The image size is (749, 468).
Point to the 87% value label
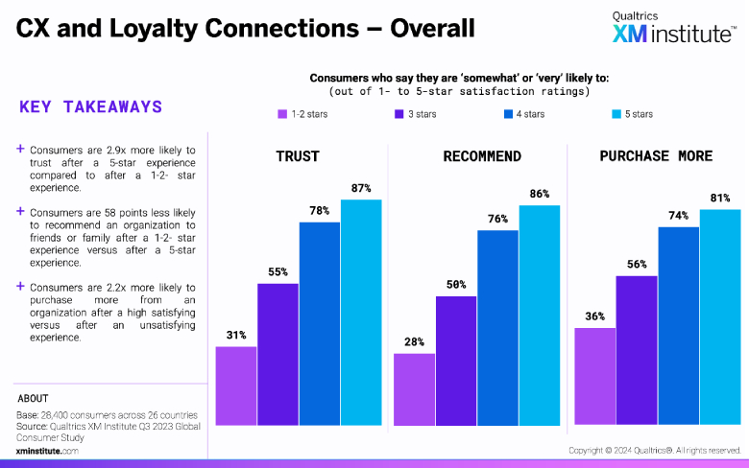[x=361, y=189]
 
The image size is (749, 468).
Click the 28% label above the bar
[x=415, y=342]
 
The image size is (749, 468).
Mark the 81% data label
[x=719, y=199]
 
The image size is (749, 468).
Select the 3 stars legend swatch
[x=399, y=114]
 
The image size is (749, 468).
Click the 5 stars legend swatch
[x=616, y=114]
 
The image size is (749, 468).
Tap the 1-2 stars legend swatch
[x=283, y=114]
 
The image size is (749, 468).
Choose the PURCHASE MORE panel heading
[x=656, y=156]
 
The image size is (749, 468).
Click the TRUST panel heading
[x=298, y=156]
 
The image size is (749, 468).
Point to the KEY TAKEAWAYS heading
[x=91, y=107]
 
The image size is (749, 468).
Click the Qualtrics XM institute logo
[x=671, y=29]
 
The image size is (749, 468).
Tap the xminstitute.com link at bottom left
[x=48, y=450]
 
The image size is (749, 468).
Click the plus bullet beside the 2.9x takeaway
[x=20, y=150]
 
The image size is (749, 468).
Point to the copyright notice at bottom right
[x=654, y=450]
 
